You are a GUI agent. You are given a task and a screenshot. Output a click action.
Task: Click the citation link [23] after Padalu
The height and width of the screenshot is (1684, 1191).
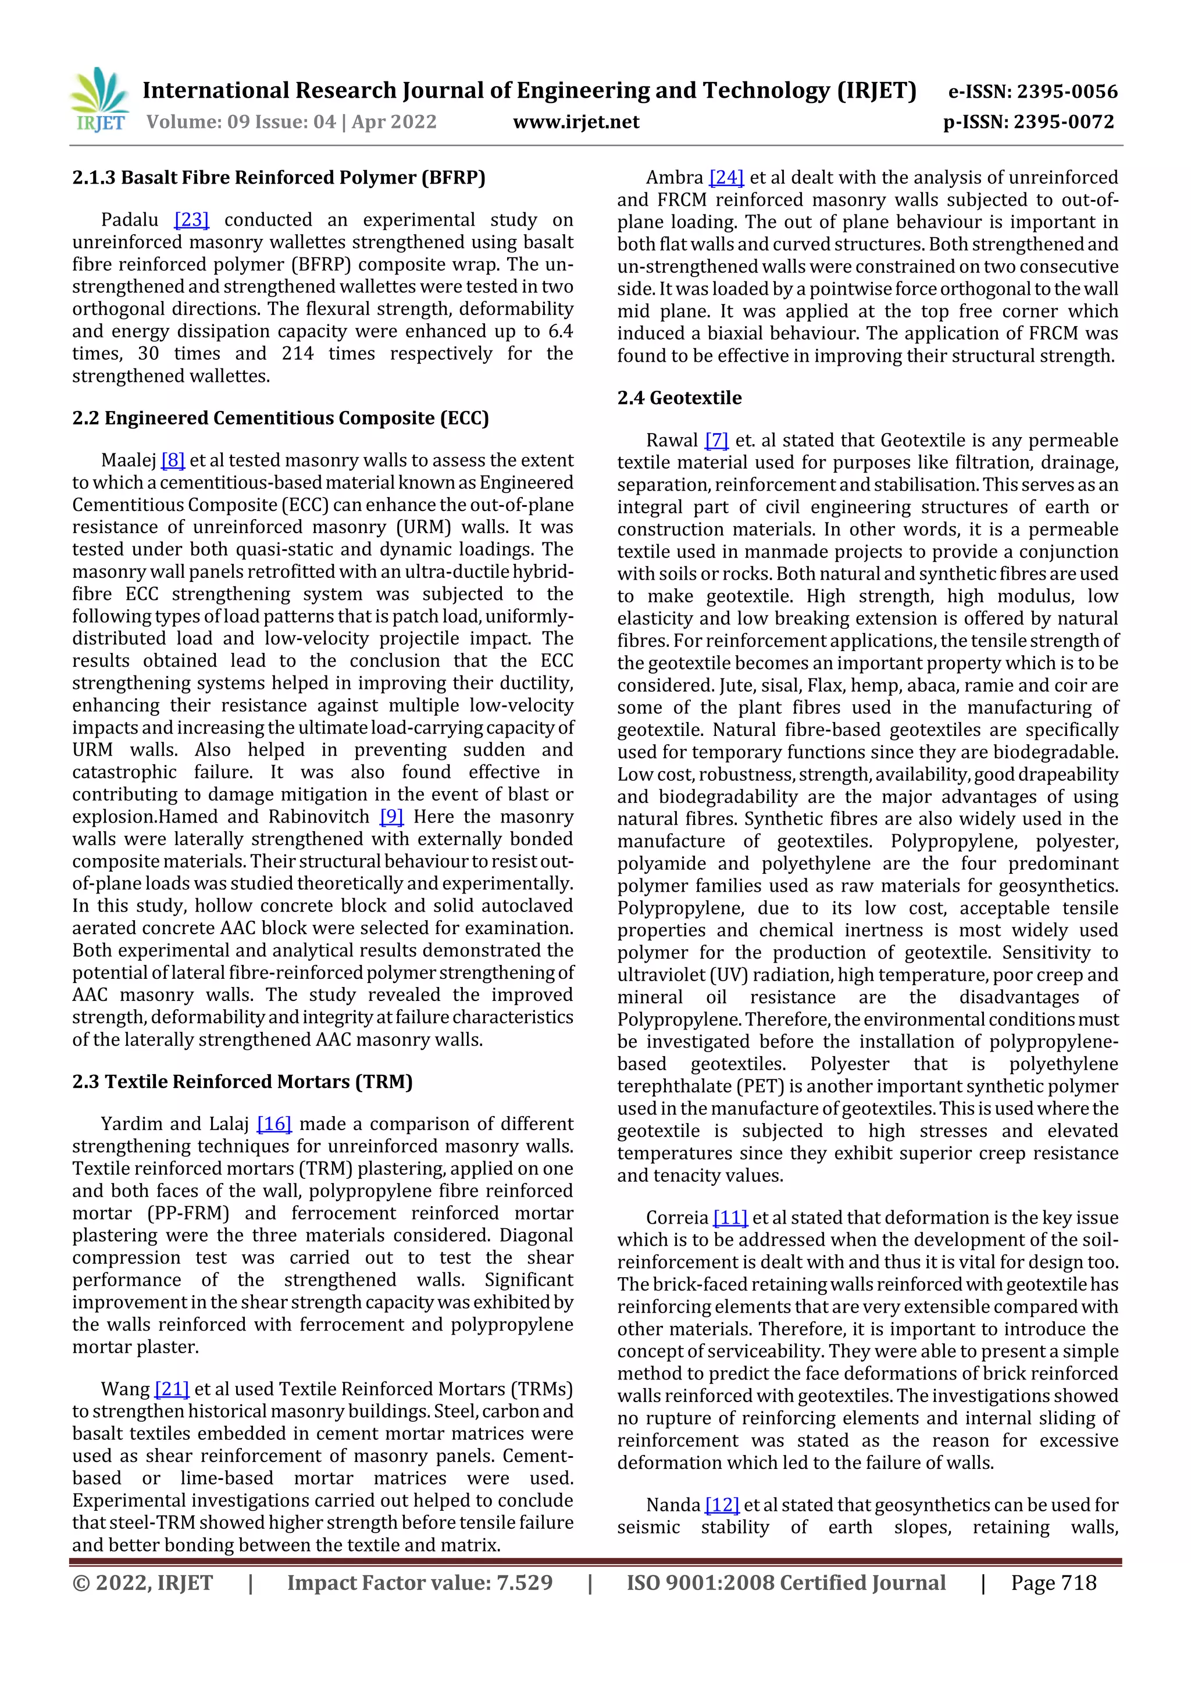[191, 220]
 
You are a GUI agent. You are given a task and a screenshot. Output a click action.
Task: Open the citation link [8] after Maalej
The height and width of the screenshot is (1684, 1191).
[173, 460]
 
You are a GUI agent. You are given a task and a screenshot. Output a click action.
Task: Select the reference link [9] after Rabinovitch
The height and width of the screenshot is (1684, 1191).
[391, 817]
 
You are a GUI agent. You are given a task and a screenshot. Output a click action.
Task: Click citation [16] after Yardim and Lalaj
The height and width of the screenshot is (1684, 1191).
[274, 1124]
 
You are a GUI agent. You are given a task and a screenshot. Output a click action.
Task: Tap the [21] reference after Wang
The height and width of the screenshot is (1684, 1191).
[172, 1389]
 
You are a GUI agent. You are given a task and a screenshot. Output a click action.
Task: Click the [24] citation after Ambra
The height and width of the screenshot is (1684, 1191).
[726, 177]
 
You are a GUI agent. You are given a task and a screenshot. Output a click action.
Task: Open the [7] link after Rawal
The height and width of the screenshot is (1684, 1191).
[716, 440]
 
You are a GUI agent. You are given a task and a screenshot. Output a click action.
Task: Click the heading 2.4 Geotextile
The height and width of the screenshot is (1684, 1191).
[679, 398]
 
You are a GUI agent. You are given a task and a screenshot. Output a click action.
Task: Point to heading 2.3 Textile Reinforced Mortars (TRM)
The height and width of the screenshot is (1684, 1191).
[242, 1082]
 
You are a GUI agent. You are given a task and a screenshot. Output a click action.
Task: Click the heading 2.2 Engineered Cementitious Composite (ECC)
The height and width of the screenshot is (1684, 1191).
[280, 418]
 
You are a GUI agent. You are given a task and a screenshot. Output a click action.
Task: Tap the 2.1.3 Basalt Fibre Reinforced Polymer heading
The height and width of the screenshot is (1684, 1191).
[279, 177]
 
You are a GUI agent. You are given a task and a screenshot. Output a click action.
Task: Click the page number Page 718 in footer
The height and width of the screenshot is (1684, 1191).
[1053, 1583]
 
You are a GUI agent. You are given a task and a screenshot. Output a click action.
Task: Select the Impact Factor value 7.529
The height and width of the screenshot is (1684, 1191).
[419, 1583]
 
